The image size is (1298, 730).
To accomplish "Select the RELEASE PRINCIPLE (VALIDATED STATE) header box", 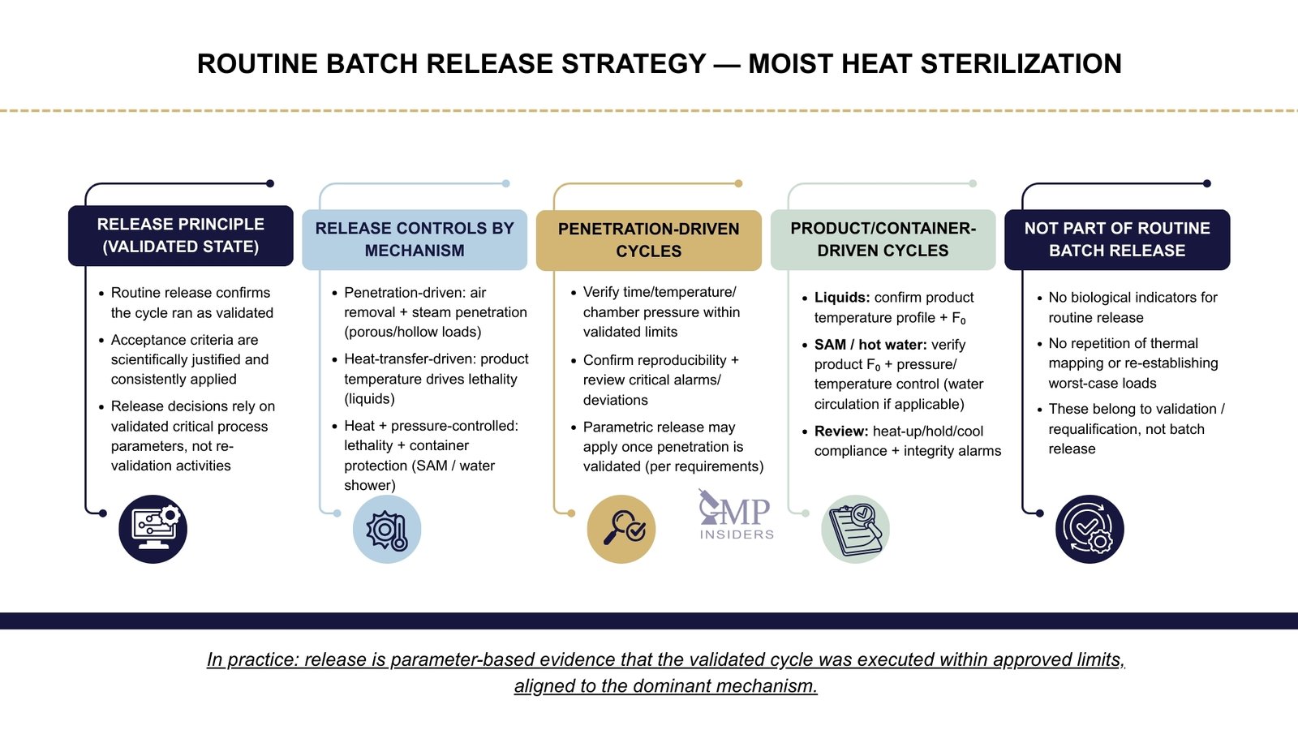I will [181, 236].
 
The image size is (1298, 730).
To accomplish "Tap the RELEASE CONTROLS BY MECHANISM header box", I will [415, 240].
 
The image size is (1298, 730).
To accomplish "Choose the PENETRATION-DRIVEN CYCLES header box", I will [648, 240].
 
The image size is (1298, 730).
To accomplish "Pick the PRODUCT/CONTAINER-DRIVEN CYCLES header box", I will [883, 240].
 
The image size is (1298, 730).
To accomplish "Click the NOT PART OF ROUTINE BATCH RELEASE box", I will [1117, 240].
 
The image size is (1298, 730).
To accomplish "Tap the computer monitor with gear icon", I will [153, 529].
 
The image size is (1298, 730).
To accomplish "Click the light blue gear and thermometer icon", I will [387, 529].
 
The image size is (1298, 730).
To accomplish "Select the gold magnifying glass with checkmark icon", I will [621, 529].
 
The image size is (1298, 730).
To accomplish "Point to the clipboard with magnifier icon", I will [855, 529].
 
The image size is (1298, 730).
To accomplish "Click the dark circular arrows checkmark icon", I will [1090, 529].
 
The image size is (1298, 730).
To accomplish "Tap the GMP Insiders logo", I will [736, 515].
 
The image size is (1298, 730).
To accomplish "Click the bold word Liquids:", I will [842, 298].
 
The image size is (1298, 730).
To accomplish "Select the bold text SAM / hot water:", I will [870, 345].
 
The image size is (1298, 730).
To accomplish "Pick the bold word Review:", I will [841, 432].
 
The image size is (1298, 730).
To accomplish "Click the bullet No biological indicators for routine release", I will [1132, 307].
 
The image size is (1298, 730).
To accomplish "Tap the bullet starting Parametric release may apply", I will [673, 447].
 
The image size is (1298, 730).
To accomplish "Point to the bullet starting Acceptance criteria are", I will [189, 359].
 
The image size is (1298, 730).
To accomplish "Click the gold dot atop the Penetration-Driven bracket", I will [738, 183].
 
